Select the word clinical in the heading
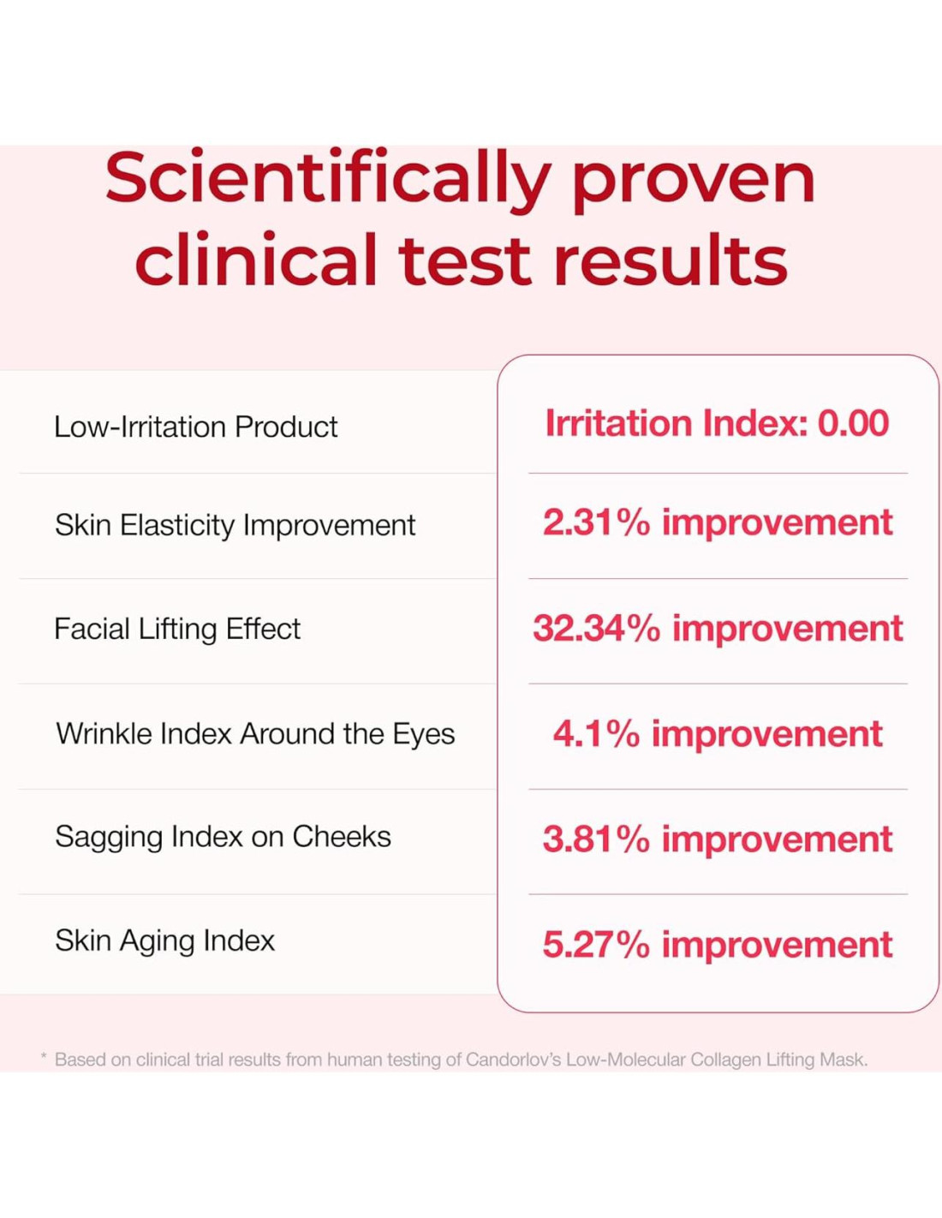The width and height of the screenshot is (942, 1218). (x=255, y=258)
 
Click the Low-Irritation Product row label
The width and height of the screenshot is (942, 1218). (x=195, y=427)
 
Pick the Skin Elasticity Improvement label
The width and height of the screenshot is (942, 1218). (x=235, y=526)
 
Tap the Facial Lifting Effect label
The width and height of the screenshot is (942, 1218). (x=177, y=629)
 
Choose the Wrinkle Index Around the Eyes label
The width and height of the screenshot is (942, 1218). (x=255, y=733)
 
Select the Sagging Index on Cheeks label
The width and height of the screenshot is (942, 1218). (x=223, y=838)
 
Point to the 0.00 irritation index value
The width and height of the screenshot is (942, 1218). (x=853, y=423)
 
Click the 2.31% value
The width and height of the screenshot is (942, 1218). (x=596, y=522)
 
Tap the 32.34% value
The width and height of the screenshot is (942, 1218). (x=596, y=629)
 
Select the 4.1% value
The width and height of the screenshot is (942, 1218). (x=596, y=734)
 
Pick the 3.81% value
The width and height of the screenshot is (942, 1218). (x=596, y=839)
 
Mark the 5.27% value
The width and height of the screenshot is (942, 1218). (x=596, y=945)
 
